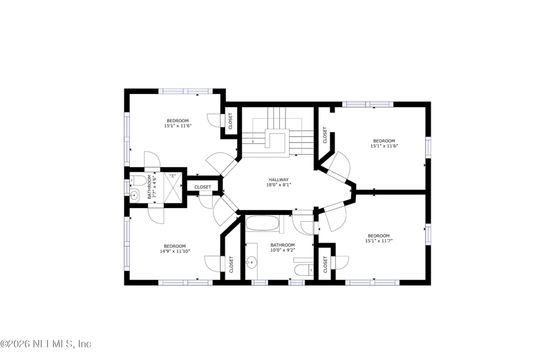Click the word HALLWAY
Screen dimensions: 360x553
(x=279, y=180)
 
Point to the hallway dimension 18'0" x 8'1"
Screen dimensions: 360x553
(x=279, y=185)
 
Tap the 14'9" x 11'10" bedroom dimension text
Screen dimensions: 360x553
(x=174, y=252)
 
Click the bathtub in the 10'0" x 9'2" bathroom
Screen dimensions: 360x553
(x=263, y=225)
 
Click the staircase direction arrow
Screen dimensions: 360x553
(x=254, y=142)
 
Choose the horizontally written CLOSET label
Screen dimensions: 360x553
(x=203, y=187)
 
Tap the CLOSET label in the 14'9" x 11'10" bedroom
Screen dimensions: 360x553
(x=231, y=263)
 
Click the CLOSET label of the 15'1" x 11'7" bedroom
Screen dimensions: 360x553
(x=325, y=263)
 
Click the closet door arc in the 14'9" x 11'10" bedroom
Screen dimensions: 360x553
(x=211, y=263)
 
